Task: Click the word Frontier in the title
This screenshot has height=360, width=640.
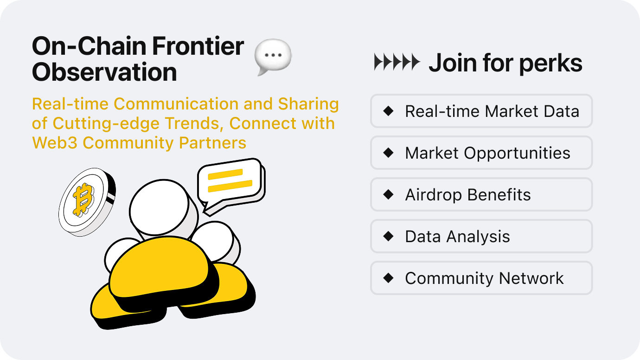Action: point(198,46)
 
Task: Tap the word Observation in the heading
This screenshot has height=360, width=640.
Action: point(104,72)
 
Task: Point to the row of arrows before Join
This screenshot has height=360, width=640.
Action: point(397,62)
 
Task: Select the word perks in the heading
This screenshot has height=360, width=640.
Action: point(550,64)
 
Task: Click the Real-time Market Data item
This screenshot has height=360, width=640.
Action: point(481,111)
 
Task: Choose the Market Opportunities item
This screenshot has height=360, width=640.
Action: point(481,153)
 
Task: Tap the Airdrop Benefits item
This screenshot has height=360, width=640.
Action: point(481,194)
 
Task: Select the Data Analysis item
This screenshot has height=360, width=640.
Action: point(481,236)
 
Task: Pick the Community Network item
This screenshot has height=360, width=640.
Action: point(481,278)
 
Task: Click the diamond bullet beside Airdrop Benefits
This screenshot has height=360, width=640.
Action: point(388,194)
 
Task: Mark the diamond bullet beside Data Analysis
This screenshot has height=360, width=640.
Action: point(388,236)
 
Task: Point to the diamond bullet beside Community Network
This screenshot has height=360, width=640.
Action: point(388,278)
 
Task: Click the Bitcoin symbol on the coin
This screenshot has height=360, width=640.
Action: point(83,199)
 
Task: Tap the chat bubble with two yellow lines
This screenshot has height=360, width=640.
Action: point(231,186)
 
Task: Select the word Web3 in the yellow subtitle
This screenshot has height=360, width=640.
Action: point(55,142)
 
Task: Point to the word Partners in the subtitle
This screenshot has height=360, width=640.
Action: point(212,142)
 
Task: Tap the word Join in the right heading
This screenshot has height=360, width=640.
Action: point(453,63)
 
